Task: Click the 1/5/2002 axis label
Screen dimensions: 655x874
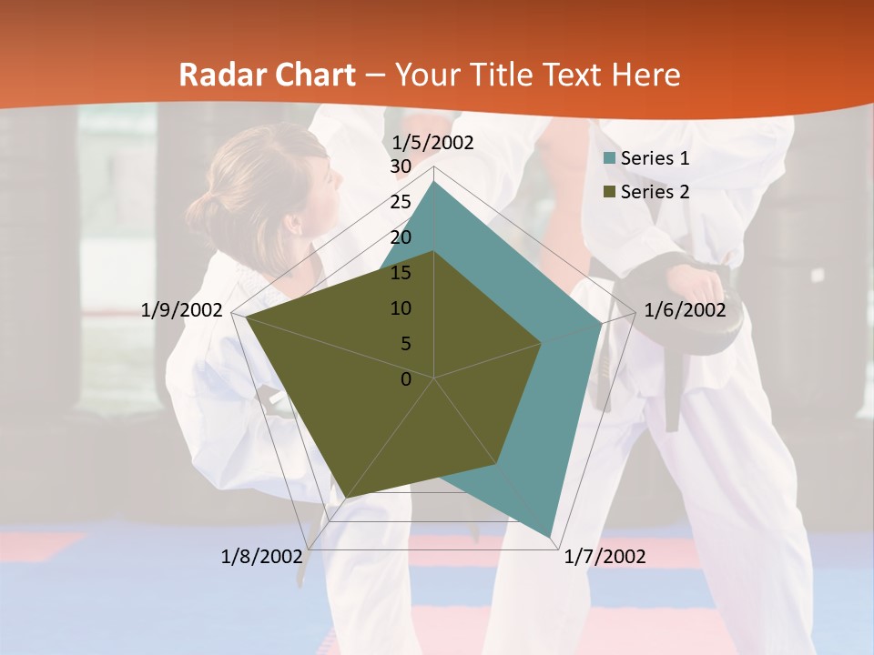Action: pos(433,143)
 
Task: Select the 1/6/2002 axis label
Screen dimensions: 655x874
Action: pos(685,310)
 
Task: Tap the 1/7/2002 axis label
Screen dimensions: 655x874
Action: pos(605,557)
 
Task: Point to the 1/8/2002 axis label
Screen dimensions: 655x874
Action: pos(261,557)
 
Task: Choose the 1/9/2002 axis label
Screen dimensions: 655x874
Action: pos(182,310)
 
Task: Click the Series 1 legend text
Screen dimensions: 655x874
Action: pos(655,158)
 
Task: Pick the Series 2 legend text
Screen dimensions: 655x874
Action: pos(655,192)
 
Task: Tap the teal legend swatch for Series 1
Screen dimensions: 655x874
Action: pos(610,159)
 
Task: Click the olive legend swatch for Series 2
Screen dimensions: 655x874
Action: pos(610,193)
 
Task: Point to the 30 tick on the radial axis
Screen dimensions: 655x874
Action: pos(401,167)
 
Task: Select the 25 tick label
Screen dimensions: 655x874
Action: pos(401,202)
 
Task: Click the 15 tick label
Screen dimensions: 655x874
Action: pos(401,273)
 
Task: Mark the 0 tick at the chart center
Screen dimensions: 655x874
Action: pos(406,379)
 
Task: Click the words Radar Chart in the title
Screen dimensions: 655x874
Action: pos(267,75)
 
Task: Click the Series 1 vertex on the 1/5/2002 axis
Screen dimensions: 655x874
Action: pos(434,182)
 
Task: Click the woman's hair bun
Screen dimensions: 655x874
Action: pos(202,217)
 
